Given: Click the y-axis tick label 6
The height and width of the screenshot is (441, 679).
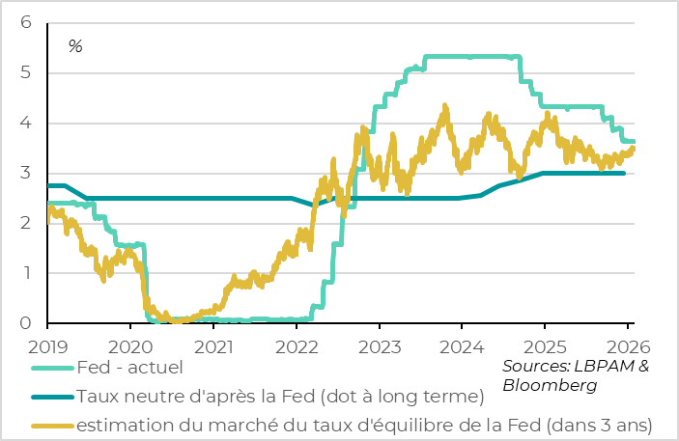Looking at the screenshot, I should pyautogui.click(x=26, y=22).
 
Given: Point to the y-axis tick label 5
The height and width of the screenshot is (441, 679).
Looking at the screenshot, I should pyautogui.click(x=26, y=72).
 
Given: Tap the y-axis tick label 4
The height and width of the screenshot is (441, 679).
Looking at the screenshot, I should pyautogui.click(x=26, y=123).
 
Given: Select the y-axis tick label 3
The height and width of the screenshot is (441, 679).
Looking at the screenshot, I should pyautogui.click(x=26, y=173).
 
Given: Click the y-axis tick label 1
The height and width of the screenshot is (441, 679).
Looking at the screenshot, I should pyautogui.click(x=26, y=273).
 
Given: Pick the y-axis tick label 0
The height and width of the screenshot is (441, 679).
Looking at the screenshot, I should pyautogui.click(x=26, y=323).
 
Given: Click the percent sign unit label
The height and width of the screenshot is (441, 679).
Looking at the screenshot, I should pyautogui.click(x=75, y=46).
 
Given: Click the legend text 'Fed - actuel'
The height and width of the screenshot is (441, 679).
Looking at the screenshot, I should pyautogui.click(x=128, y=367).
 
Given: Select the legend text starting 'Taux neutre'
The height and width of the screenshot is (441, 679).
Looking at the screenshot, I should pyautogui.click(x=279, y=396).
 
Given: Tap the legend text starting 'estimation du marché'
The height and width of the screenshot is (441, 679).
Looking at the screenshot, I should pyautogui.click(x=364, y=425).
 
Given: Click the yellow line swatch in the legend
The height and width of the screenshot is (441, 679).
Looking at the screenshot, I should pyautogui.click(x=50, y=425).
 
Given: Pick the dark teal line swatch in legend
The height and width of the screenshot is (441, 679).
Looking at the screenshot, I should pyautogui.click(x=50, y=396).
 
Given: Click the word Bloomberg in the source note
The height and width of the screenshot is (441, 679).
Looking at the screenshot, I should pyautogui.click(x=548, y=385).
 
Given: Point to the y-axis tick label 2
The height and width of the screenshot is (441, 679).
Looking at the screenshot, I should pyautogui.click(x=26, y=223).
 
